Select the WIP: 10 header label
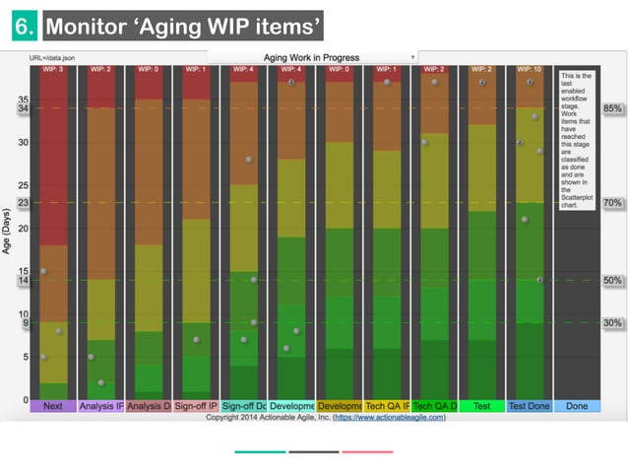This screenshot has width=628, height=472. tap(529, 70)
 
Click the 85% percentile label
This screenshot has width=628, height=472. tap(612, 107)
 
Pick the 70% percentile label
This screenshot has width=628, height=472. tap(612, 203)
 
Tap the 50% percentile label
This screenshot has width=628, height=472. tap(612, 281)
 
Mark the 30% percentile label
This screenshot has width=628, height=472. tap(612, 323)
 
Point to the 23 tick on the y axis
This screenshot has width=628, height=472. tap(22, 203)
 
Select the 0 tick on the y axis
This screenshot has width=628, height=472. tap(24, 400)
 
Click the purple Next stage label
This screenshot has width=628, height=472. tap(53, 406)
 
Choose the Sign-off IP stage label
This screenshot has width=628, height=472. tap(196, 406)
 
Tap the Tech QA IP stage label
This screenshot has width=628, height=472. tap(387, 406)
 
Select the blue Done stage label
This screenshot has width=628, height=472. tap(577, 406)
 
